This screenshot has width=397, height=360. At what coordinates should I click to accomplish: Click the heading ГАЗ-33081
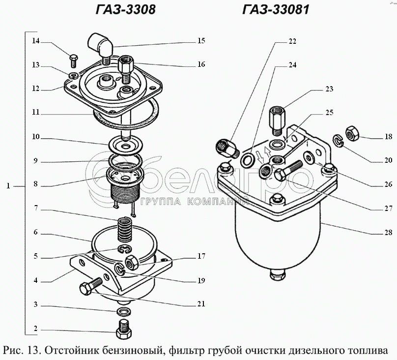coord(276,9)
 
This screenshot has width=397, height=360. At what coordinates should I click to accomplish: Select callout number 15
coord(201,41)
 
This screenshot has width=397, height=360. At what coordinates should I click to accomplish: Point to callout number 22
coord(292,41)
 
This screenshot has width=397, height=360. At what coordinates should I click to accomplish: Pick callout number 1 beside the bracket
coord(8,186)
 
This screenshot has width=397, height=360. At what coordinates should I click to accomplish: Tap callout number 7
coord(36,209)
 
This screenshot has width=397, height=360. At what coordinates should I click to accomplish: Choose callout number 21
coord(201,303)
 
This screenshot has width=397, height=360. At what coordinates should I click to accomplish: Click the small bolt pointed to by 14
coord(74,60)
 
